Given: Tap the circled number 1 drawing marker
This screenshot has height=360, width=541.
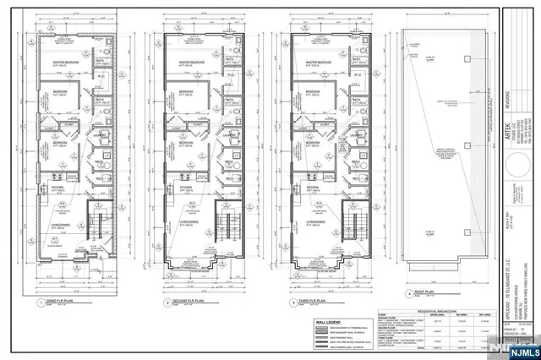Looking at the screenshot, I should coord(38,302).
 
